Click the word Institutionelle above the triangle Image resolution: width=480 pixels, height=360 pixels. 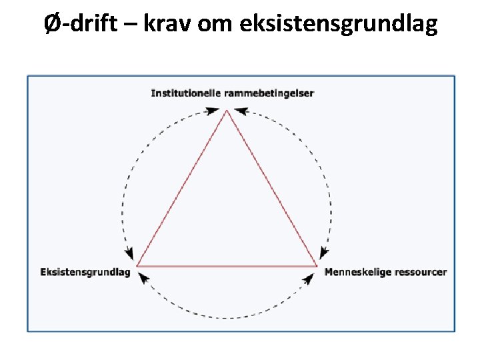tap(185, 93)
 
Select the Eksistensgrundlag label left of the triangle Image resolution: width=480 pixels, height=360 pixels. tap(85, 272)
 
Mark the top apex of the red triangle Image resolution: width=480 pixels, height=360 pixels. tap(227, 111)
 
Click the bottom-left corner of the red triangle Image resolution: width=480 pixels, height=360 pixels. tap(137, 266)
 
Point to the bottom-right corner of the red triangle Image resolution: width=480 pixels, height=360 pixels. tap(316, 266)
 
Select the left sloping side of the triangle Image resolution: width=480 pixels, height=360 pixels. tap(181, 189)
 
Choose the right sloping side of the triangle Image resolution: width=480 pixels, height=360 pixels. tap(271, 189)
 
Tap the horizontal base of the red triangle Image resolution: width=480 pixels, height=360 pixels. tap(227, 266)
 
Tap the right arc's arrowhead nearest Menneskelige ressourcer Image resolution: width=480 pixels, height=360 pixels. tap(324, 253)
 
